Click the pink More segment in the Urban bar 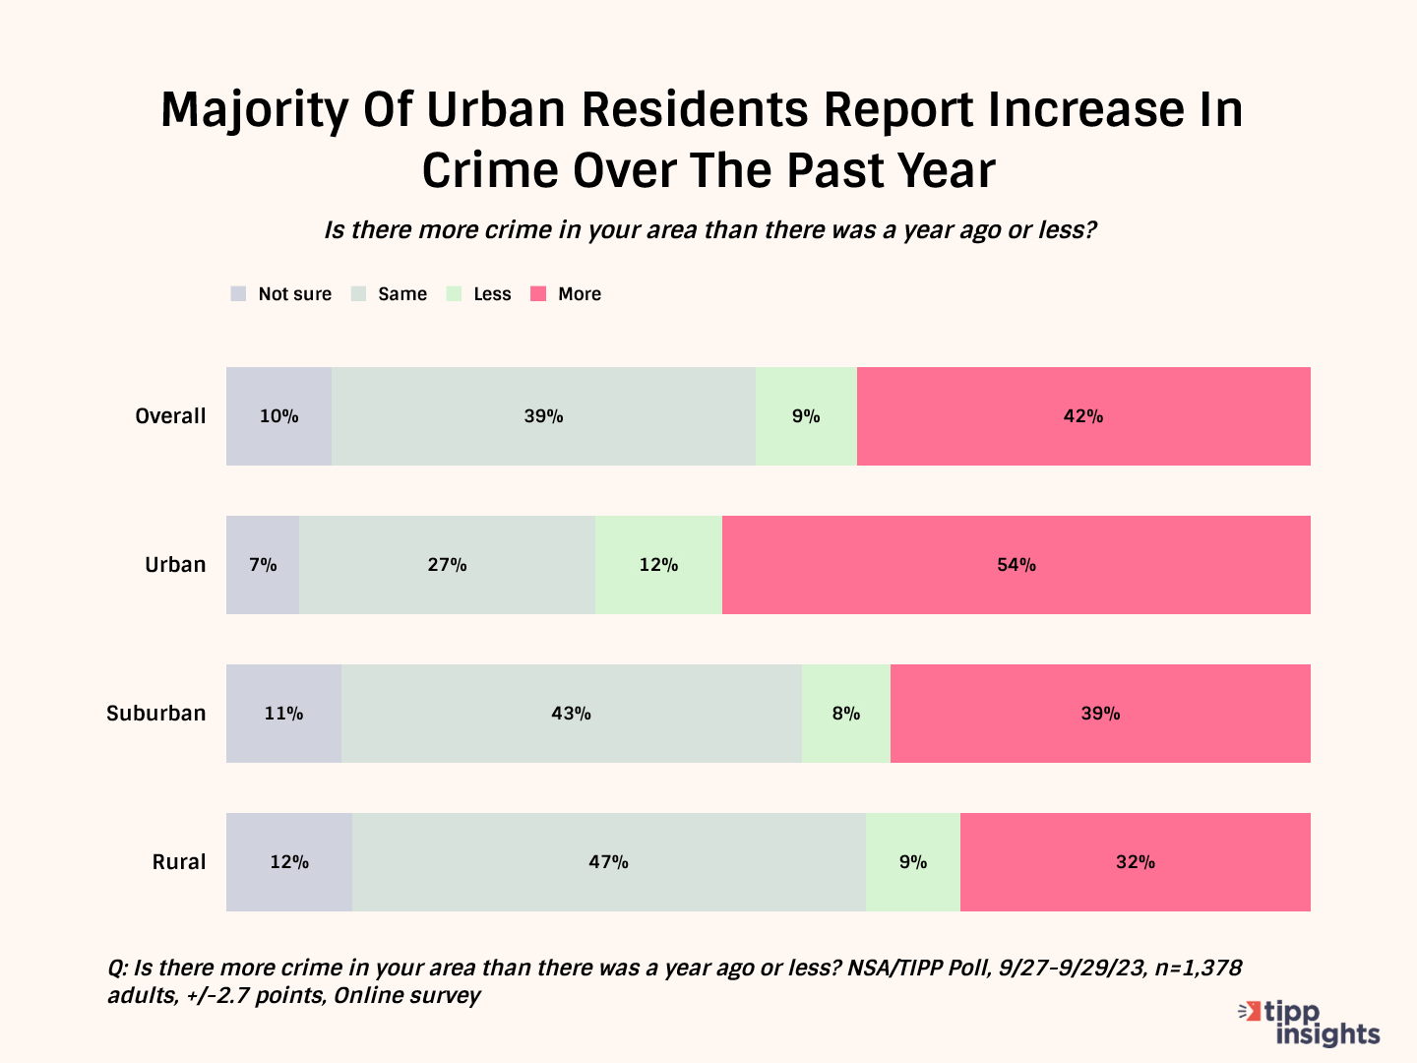1016,565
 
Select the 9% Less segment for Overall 806,416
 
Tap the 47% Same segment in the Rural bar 608,862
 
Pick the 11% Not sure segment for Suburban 283,714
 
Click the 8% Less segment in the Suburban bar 845,714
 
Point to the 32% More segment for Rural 1135,862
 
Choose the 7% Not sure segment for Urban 263,565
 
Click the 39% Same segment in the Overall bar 543,416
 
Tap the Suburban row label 156,714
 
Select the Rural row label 179,862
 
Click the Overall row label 170,416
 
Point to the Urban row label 175,565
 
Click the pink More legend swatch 538,294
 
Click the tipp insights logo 1312,1023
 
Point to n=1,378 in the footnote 1198,968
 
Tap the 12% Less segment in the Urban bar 658,565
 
